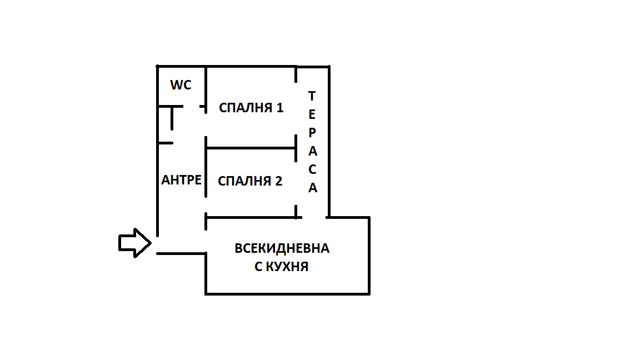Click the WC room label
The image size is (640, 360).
pos(181,85)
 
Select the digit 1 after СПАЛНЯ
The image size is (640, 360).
pos(279,108)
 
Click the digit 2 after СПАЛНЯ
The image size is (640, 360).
pos(278,181)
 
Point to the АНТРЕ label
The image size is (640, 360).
pos(181,180)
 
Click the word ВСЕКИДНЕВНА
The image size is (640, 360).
pos(282,248)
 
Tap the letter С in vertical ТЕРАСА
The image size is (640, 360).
pos(312,169)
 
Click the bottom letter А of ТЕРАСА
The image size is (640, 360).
pos(313,188)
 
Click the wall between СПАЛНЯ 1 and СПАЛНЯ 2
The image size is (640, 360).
pos(250,148)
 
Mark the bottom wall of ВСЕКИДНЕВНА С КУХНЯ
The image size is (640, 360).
pos(287,293)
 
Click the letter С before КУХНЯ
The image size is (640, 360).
pos(258,267)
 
